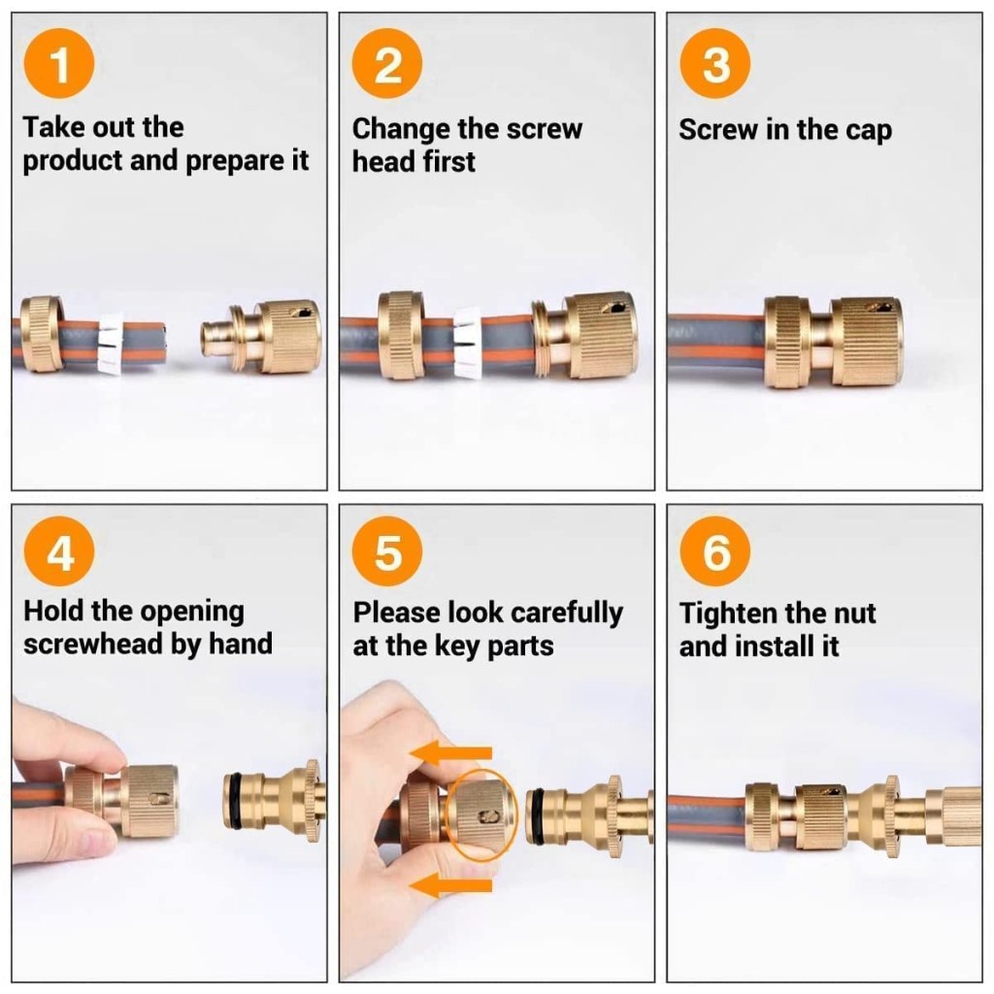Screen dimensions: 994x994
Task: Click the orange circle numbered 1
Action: pyautogui.click(x=59, y=67)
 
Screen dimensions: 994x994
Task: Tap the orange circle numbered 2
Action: pyautogui.click(x=387, y=67)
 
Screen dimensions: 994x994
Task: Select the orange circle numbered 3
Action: pyautogui.click(x=715, y=67)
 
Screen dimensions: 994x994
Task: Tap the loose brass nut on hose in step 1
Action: pyautogui.click(x=43, y=335)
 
